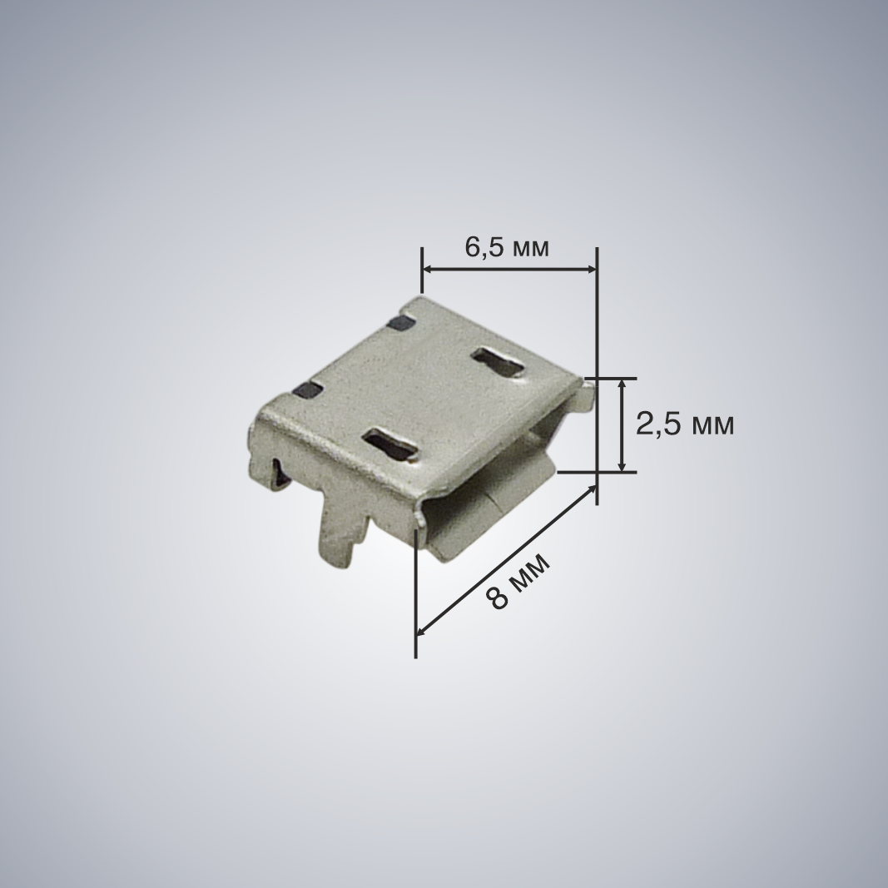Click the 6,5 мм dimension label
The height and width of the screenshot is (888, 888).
[x=507, y=247]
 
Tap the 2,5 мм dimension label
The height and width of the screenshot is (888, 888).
[x=685, y=424]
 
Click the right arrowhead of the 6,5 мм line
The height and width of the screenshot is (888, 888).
[x=590, y=270]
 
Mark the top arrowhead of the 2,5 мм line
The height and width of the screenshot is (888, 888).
[x=622, y=384]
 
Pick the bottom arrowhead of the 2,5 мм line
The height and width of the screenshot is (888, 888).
[x=622, y=465]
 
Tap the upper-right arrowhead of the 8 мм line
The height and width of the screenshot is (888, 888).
[x=590, y=490]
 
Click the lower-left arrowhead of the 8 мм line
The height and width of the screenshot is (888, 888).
[x=423, y=629]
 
